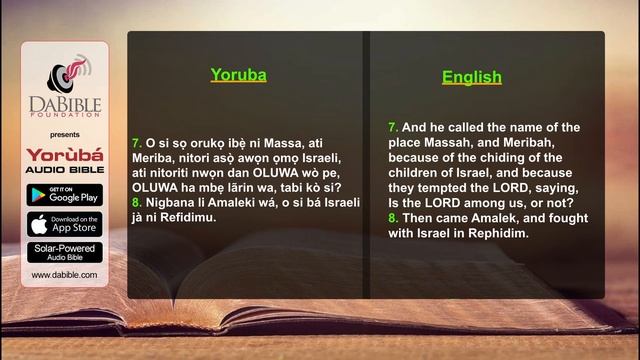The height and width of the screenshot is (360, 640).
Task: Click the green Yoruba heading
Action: coord(238,73)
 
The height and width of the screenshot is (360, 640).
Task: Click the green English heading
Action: coord(472,76)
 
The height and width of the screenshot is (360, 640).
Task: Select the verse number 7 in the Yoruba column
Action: coord(136,143)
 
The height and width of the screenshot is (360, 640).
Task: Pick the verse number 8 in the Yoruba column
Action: coord(136,202)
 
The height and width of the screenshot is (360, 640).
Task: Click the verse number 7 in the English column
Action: coord(392,127)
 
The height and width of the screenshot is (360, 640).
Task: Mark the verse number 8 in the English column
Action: coord(392,217)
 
